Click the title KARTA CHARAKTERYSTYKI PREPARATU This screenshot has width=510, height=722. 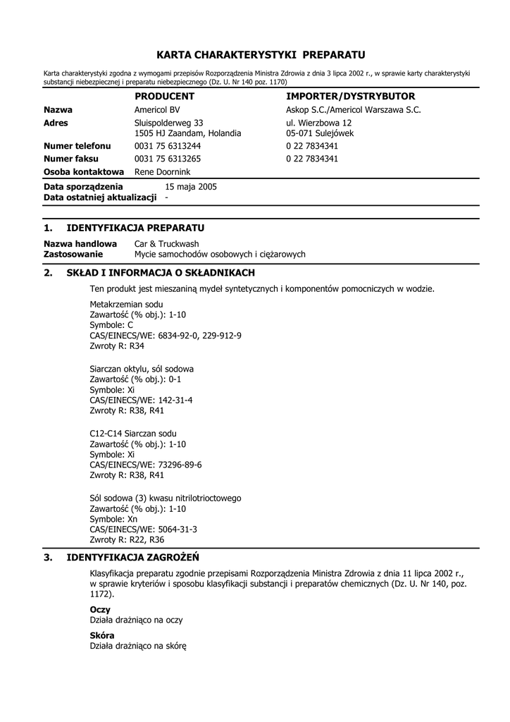[261, 54]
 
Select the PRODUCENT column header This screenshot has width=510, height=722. [164, 96]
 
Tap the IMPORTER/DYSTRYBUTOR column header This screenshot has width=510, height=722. [351, 96]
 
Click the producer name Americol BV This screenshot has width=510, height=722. [157, 109]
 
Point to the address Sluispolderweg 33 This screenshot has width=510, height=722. [169, 122]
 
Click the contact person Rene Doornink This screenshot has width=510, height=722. [162, 171]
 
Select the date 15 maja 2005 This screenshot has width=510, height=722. [191, 187]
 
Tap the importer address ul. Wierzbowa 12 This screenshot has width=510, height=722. [319, 122]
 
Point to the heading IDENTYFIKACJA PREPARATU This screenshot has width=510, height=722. [135, 228]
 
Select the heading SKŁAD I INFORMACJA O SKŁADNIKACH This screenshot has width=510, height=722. [161, 272]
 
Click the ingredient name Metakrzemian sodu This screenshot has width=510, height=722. [121, 304]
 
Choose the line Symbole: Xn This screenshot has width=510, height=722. [114, 518]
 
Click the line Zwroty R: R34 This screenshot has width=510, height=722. [117, 346]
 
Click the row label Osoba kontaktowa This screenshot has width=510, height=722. [84, 171]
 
